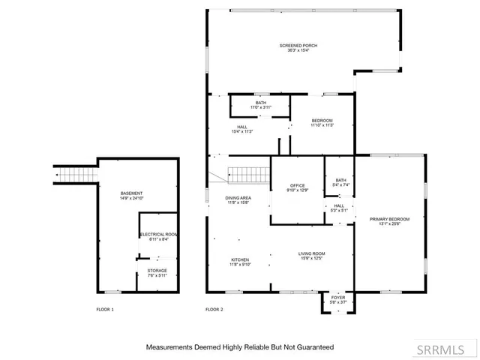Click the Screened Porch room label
click(x=298, y=48)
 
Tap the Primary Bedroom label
click(x=389, y=221)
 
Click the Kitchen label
click(x=239, y=262)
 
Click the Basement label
click(x=131, y=196)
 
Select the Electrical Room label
click(x=157, y=237)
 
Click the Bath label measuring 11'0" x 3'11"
click(x=260, y=105)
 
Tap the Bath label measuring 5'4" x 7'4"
click(x=340, y=182)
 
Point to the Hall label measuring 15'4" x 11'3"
click(x=242, y=129)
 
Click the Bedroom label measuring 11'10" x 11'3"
click(x=322, y=123)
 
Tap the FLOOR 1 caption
click(x=105, y=309)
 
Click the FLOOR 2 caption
click(x=214, y=309)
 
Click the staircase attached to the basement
click(x=76, y=175)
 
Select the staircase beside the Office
click(x=248, y=175)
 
